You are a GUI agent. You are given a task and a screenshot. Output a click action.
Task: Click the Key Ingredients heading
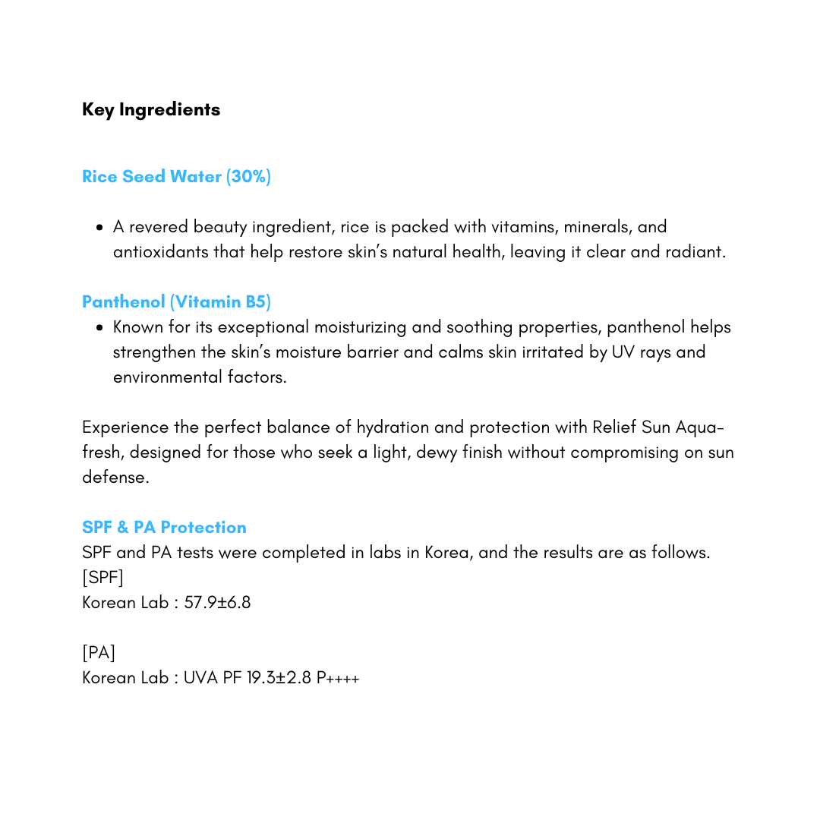[x=151, y=109]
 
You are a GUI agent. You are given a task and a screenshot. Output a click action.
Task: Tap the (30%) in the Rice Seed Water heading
[x=248, y=177]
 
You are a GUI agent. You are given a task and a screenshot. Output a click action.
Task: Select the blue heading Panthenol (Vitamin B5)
[x=176, y=302]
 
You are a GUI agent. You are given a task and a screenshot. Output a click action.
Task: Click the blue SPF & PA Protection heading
[x=164, y=528]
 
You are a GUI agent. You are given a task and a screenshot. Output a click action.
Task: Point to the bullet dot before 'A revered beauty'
[x=99, y=227]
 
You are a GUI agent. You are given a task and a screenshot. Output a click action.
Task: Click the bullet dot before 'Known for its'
[x=99, y=328]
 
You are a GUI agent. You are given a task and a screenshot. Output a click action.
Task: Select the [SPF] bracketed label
[x=102, y=578]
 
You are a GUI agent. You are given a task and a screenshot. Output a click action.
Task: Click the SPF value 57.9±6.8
[x=217, y=603]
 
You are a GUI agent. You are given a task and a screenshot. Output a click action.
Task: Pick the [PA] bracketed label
[x=99, y=653]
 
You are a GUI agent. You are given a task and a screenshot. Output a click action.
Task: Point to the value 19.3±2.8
[x=279, y=678]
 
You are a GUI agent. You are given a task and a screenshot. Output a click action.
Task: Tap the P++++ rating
[x=338, y=678]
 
